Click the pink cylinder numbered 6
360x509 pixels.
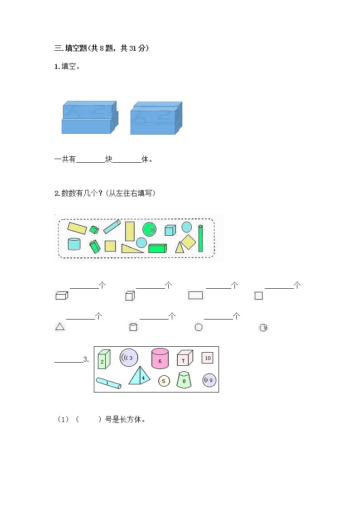pyautogui.click(x=160, y=358)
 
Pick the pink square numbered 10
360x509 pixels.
pyautogui.click(x=208, y=358)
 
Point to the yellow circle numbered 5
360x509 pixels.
pyautogui.click(x=164, y=381)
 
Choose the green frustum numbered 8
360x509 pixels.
pyautogui.click(x=184, y=380)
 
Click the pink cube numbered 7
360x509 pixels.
pyautogui.click(x=184, y=359)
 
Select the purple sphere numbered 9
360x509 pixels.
pyautogui.click(x=209, y=381)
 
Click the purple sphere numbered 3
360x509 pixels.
pyautogui.click(x=129, y=358)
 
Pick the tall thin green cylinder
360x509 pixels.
pyautogui.click(x=200, y=238)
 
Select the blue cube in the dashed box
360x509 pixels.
pyautogui.click(x=170, y=230)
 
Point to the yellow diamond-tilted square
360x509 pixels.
pyautogui.click(x=189, y=242)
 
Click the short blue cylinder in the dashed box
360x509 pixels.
pyautogui.click(x=74, y=244)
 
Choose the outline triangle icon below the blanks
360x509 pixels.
pyautogui.click(x=60, y=326)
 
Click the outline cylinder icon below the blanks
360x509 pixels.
pyautogui.click(x=133, y=327)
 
